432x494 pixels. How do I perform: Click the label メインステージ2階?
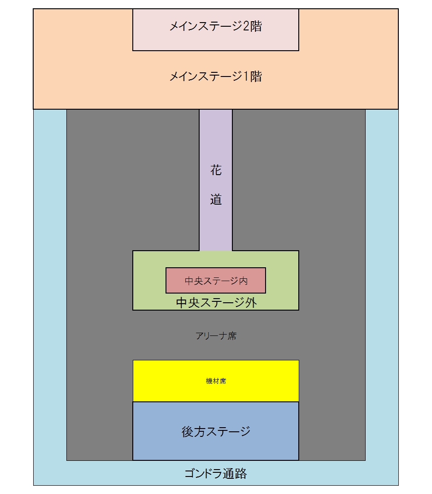pyautogui.click(x=215, y=27)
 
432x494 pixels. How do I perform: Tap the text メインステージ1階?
pyautogui.click(x=215, y=76)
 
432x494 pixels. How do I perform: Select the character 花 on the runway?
pyautogui.click(x=216, y=171)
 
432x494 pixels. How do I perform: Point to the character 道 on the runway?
pyautogui.click(x=216, y=200)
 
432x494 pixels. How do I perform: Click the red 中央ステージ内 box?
pyautogui.click(x=216, y=280)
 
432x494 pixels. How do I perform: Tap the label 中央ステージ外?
pyautogui.click(x=216, y=303)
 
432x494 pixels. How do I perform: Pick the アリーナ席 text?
pyautogui.click(x=216, y=336)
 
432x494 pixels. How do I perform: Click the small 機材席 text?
pyautogui.click(x=216, y=381)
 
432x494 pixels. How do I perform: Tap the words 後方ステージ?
pyautogui.click(x=216, y=432)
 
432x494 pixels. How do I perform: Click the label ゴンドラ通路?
pyautogui.click(x=216, y=473)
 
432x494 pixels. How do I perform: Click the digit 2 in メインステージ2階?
pyautogui.click(x=247, y=27)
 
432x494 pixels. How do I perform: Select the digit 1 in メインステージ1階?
pyautogui.click(x=247, y=76)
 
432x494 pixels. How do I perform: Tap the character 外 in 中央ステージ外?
pyautogui.click(x=251, y=303)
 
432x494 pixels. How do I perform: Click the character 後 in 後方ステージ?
pyautogui.click(x=188, y=432)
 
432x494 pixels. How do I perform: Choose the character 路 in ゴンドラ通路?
pyautogui.click(x=241, y=473)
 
